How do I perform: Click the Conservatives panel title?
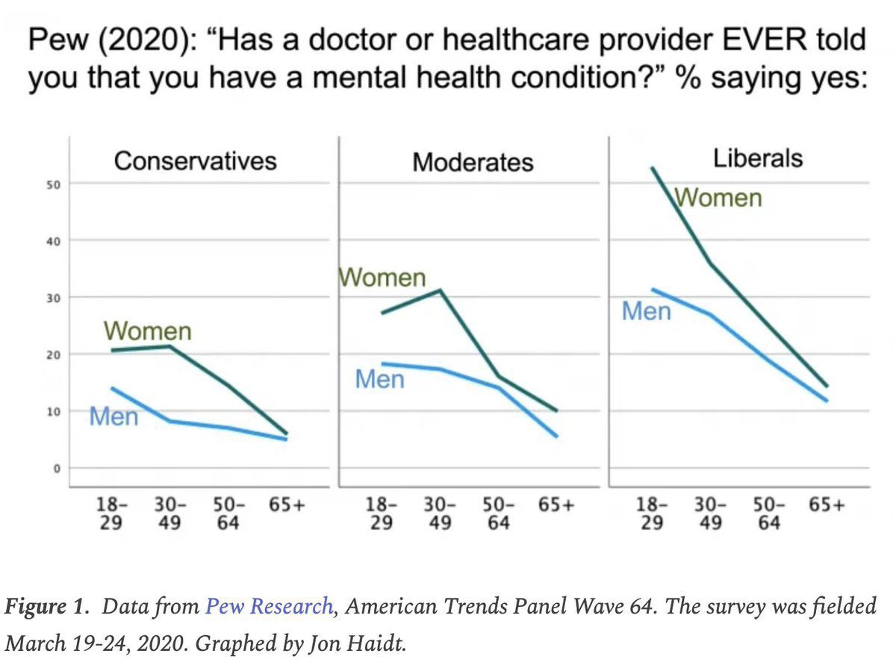click(195, 160)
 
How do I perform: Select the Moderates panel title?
click(473, 162)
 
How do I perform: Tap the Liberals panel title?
click(757, 158)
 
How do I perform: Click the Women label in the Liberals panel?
click(718, 198)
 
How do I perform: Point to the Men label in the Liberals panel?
click(646, 311)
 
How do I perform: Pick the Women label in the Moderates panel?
click(382, 278)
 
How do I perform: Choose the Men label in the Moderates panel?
click(379, 380)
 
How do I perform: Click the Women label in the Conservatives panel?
click(148, 331)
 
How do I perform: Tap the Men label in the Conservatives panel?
click(113, 416)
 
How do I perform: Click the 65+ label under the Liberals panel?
click(827, 505)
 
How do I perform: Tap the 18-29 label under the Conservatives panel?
click(113, 514)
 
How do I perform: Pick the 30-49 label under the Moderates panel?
click(440, 514)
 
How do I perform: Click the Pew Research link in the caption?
click(269, 606)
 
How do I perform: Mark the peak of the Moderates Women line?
click(441, 290)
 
